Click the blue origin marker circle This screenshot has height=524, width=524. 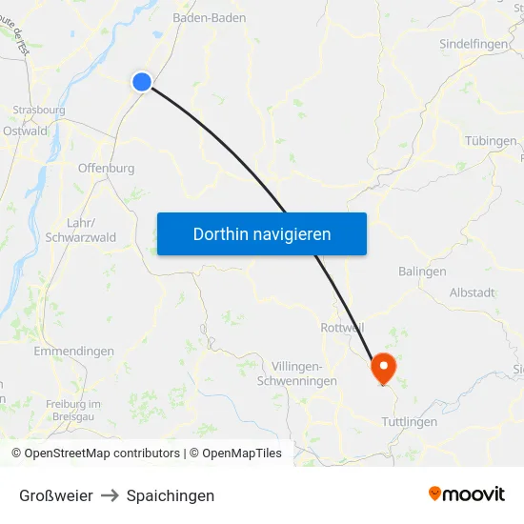[x=142, y=82]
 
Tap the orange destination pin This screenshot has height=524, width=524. [x=384, y=366]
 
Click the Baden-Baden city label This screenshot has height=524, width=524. [x=209, y=17]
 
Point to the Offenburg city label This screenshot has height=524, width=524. [x=106, y=168]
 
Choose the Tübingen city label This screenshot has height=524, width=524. [x=491, y=140]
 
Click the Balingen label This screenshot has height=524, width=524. [x=422, y=271]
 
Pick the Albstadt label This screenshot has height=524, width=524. [x=472, y=292]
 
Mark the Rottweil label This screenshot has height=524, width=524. [x=343, y=327]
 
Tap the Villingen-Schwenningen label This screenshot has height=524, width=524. [x=297, y=373]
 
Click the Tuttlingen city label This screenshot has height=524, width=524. [x=409, y=421]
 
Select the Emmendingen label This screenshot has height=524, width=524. [x=73, y=351]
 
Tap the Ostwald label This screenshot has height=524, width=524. [x=25, y=131]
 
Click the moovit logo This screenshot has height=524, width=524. [x=466, y=494]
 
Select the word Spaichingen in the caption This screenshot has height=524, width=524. [x=171, y=495]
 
